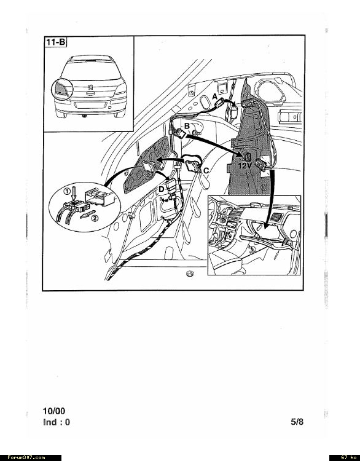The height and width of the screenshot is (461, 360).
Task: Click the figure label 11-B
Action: (55, 42)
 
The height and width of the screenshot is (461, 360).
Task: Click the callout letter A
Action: (214, 97)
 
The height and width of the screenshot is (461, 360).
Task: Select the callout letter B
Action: (187, 127)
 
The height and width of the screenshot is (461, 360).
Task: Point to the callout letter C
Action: (206, 170)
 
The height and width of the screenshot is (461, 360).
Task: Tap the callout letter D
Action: (162, 189)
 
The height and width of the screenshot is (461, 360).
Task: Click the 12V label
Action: (245, 166)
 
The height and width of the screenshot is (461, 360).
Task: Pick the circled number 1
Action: (67, 191)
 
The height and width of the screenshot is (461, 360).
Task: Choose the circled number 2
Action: (95, 218)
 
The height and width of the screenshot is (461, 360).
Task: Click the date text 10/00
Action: (54, 411)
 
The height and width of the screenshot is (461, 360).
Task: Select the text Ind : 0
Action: (57, 422)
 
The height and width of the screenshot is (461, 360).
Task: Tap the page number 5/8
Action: (297, 422)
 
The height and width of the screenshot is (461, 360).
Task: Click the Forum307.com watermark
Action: (26, 457)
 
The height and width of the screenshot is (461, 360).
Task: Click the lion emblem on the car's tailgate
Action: (89, 88)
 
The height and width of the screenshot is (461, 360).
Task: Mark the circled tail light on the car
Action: (62, 89)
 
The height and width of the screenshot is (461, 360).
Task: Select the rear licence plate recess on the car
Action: (90, 105)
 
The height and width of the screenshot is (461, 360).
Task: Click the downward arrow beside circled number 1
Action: (74, 194)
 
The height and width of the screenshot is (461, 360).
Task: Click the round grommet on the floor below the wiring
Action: (190, 274)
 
